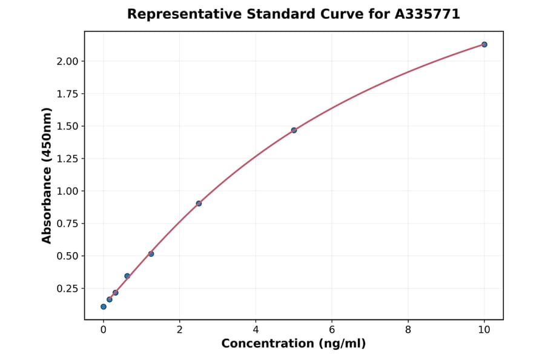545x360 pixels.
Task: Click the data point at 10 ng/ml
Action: click(484, 44)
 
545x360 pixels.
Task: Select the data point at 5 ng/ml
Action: click(294, 130)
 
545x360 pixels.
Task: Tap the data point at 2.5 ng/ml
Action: click(199, 203)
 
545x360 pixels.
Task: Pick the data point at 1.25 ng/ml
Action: click(151, 253)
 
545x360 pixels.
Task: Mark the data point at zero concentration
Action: click(104, 307)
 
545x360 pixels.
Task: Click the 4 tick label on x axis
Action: click(256, 330)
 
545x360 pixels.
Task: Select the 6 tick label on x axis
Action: click(332, 330)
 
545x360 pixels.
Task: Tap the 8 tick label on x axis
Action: click(408, 330)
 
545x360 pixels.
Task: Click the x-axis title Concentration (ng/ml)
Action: click(294, 344)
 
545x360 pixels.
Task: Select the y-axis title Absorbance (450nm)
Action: click(47, 176)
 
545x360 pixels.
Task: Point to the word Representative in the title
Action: click(174, 14)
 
